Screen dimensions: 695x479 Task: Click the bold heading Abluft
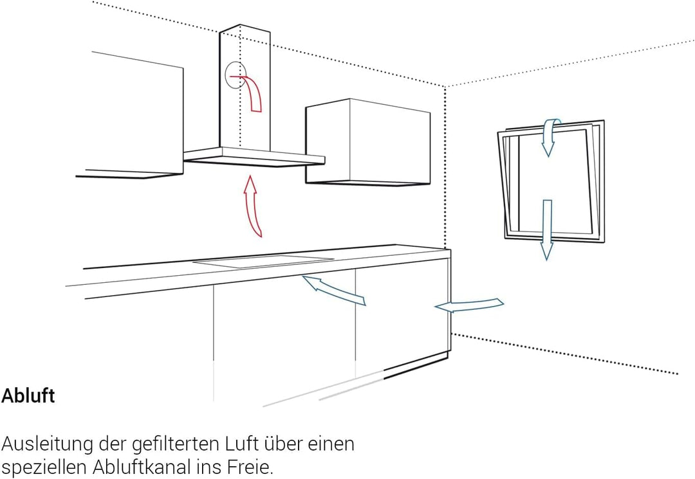(x=28, y=395)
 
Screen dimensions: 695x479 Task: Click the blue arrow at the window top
(x=550, y=135)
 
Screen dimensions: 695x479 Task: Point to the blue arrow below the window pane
(x=547, y=230)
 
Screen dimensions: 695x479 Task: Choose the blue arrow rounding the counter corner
(x=469, y=305)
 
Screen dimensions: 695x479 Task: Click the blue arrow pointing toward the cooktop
(x=333, y=290)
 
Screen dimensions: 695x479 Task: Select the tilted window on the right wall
(x=551, y=181)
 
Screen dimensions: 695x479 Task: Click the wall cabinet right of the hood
(x=367, y=141)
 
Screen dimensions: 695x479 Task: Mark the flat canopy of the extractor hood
(x=254, y=157)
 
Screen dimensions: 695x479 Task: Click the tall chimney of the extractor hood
(x=245, y=86)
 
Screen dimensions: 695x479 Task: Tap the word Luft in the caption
(x=241, y=444)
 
